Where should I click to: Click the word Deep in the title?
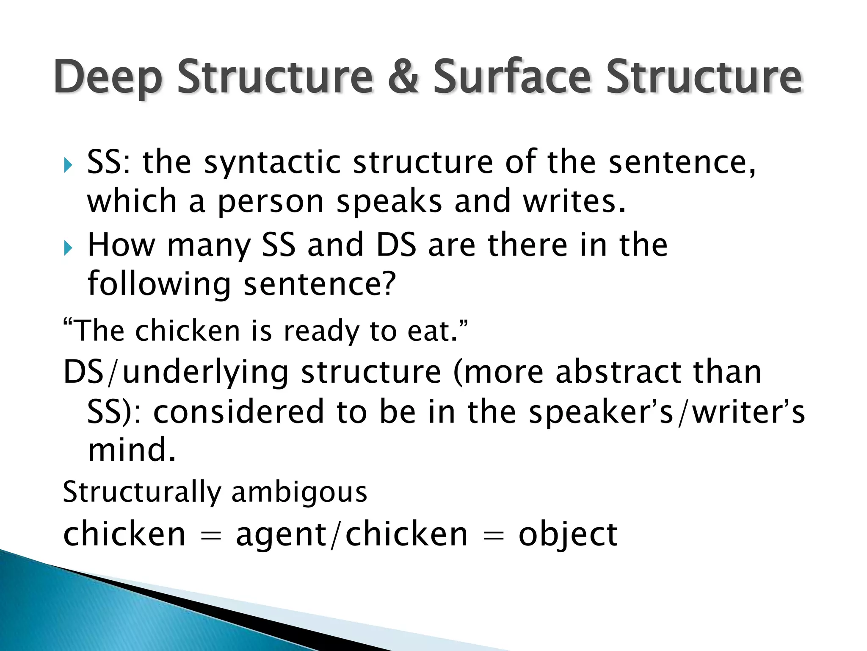[x=108, y=77]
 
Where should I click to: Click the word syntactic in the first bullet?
[x=272, y=163]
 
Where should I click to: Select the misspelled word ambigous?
[x=299, y=492]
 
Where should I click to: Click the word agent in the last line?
[x=281, y=535]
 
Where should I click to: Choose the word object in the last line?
[x=568, y=535]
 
